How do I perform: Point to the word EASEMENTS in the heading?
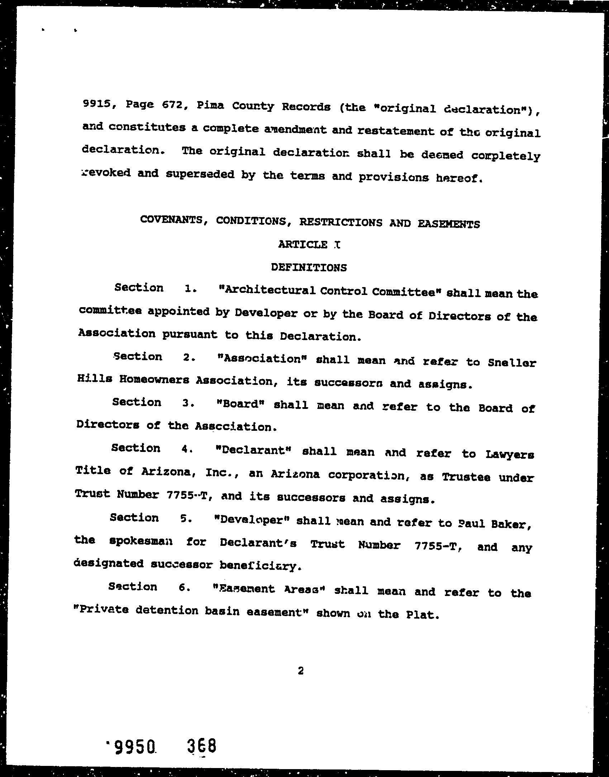(x=448, y=224)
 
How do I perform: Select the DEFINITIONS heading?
(x=309, y=267)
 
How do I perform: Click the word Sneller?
(x=512, y=363)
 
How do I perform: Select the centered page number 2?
(x=300, y=671)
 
